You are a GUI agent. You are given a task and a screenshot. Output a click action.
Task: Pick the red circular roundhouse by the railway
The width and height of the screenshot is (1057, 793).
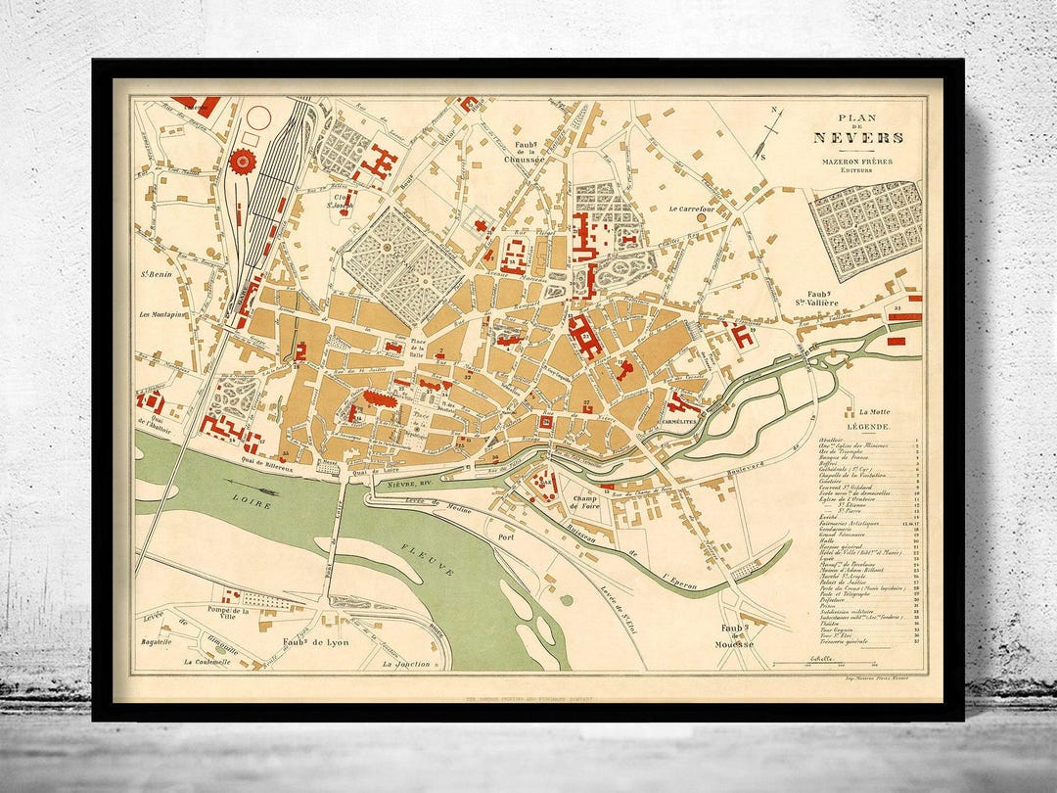pyautogui.click(x=241, y=161)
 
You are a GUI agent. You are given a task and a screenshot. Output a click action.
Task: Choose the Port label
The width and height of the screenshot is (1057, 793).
pyautogui.click(x=506, y=537)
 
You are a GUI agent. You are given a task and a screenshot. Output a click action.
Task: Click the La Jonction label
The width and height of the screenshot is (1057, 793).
pyautogui.click(x=407, y=664)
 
